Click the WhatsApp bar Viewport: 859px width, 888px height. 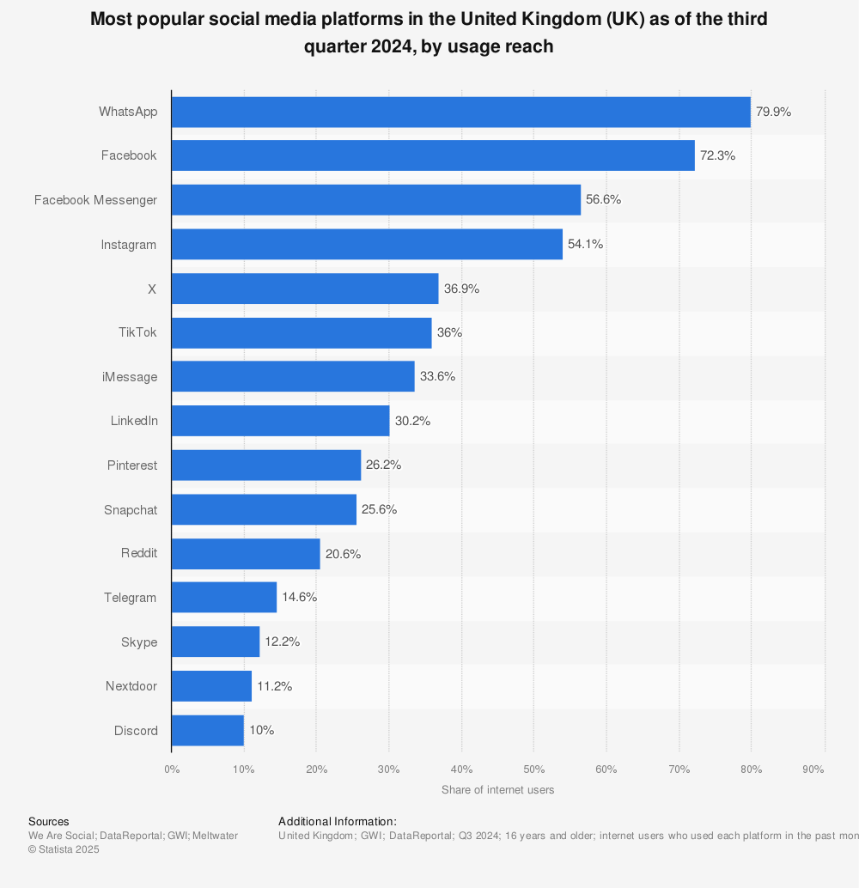pyautogui.click(x=460, y=112)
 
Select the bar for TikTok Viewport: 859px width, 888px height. pyautogui.click(x=302, y=332)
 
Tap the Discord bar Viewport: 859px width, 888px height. pyautogui.click(x=207, y=731)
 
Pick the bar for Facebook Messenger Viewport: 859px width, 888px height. pyautogui.click(x=375, y=200)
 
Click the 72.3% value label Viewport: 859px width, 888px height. pyautogui.click(x=717, y=155)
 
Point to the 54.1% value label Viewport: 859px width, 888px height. pyautogui.click(x=585, y=244)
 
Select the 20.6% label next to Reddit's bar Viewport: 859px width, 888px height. pyautogui.click(x=343, y=554)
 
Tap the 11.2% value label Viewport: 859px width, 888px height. pyautogui.click(x=274, y=686)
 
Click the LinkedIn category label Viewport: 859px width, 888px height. pyautogui.click(x=134, y=421)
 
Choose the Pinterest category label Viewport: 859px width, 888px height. pyautogui.click(x=132, y=465)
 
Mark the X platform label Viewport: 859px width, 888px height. pyautogui.click(x=152, y=289)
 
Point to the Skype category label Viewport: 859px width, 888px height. pyautogui.click(x=139, y=642)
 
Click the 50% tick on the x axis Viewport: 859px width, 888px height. pyautogui.click(x=533, y=769)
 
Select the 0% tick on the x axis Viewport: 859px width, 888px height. pyautogui.click(x=172, y=769)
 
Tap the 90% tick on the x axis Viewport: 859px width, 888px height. pyautogui.click(x=813, y=769)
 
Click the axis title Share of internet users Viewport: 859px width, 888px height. pyautogui.click(x=497, y=790)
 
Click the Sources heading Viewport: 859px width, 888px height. pyautogui.click(x=49, y=822)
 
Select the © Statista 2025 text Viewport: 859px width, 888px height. pyautogui.click(x=64, y=849)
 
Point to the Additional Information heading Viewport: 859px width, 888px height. pyautogui.click(x=338, y=822)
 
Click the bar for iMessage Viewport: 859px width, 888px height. pyautogui.click(x=293, y=377)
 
